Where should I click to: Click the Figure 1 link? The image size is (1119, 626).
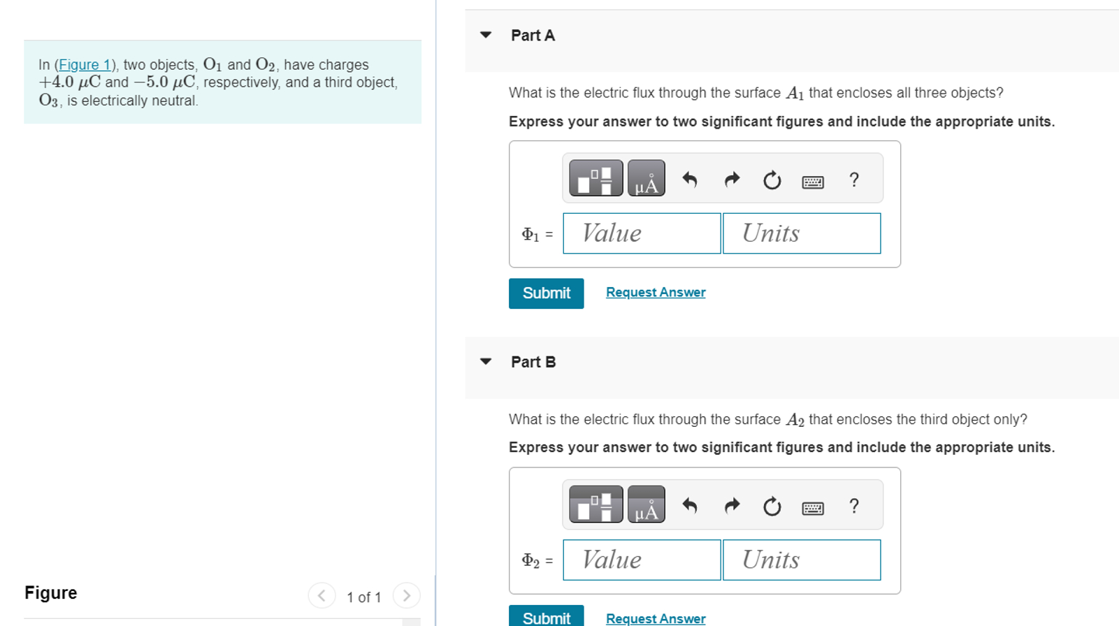click(85, 65)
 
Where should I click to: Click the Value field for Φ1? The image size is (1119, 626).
click(642, 233)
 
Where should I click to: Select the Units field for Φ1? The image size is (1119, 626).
click(801, 233)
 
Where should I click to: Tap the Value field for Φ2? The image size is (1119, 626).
click(642, 560)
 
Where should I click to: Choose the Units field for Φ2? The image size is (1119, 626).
click(801, 560)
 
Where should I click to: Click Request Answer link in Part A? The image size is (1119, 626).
click(655, 293)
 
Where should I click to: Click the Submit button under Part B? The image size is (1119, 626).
click(546, 617)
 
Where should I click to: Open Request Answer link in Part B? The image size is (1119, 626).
click(655, 618)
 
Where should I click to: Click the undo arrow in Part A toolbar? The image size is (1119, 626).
click(690, 180)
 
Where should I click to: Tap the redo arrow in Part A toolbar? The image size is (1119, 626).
click(732, 180)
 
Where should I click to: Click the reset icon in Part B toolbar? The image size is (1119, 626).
click(772, 506)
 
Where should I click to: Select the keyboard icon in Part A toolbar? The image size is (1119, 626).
click(813, 182)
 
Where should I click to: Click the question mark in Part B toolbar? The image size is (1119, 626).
click(853, 506)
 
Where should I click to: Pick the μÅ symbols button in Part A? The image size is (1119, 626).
click(646, 179)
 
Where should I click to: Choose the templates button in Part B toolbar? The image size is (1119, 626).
click(595, 504)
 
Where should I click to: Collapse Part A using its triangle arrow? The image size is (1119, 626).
click(486, 35)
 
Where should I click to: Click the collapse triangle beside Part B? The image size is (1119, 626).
click(486, 362)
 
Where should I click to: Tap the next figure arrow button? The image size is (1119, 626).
click(406, 596)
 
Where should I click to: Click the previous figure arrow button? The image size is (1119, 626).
click(322, 596)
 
